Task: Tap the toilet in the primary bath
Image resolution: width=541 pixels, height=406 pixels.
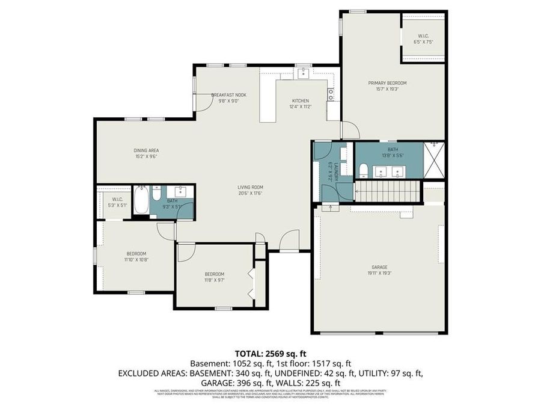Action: point(364,170)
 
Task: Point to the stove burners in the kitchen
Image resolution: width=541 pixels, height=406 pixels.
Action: point(331,94)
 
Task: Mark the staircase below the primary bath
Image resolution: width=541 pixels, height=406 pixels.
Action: point(387,192)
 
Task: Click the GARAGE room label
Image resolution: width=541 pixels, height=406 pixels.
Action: point(379,266)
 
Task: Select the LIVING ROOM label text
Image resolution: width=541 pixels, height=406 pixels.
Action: point(250,187)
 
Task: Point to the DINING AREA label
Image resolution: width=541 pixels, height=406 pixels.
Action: point(146,150)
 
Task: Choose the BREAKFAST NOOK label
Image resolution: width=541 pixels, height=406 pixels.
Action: point(228,95)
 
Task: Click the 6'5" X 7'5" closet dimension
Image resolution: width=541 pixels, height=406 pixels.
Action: point(423,42)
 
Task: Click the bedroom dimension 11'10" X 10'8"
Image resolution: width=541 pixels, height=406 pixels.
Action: point(136,260)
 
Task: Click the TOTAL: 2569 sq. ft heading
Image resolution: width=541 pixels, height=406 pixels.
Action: point(270,353)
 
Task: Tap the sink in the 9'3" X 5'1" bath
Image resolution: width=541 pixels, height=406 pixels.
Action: point(181,193)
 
